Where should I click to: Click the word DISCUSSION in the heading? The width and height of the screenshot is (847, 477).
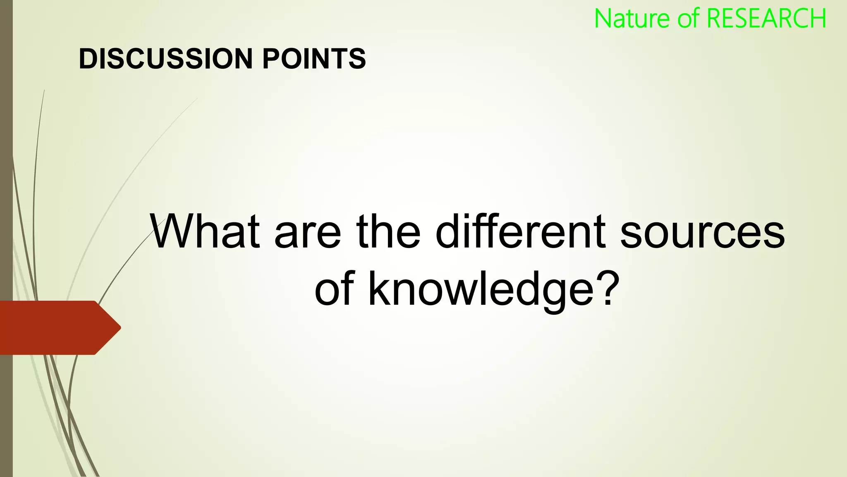(165, 58)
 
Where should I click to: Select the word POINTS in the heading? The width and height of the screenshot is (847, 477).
(314, 58)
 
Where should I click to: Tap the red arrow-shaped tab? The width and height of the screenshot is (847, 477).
(54, 328)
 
